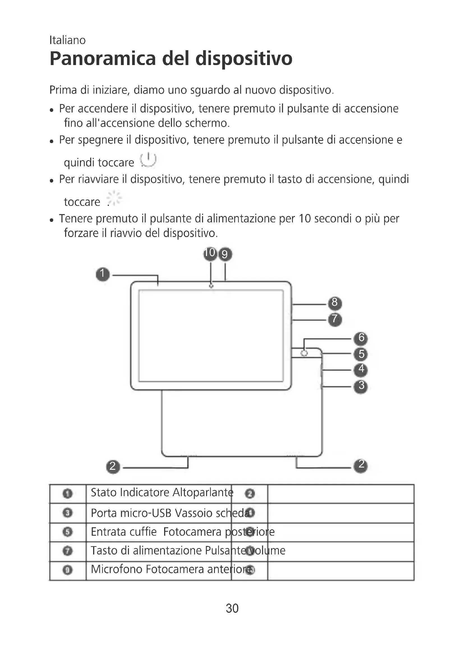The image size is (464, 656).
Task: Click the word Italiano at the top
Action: pyautogui.click(x=67, y=40)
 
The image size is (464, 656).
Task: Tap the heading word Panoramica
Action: pyautogui.click(x=103, y=59)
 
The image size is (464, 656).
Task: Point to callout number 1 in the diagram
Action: pyautogui.click(x=103, y=274)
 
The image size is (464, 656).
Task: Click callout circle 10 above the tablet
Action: pyautogui.click(x=210, y=253)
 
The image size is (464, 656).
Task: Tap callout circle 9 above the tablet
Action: pyautogui.click(x=225, y=254)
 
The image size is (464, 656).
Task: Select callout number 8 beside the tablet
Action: pyautogui.click(x=335, y=303)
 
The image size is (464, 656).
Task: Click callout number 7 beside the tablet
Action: pyautogui.click(x=335, y=319)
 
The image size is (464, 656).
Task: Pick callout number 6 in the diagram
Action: pyautogui.click(x=361, y=338)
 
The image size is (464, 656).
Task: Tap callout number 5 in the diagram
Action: pyautogui.click(x=361, y=354)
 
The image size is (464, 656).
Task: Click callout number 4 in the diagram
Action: pyautogui.click(x=361, y=369)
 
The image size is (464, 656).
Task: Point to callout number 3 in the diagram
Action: pyautogui.click(x=361, y=386)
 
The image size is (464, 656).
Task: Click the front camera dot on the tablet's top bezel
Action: pyautogui.click(x=211, y=286)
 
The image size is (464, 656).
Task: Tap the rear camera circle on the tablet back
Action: pyautogui.click(x=305, y=353)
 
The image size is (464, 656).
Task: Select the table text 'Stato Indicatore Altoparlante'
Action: pyautogui.click(x=162, y=492)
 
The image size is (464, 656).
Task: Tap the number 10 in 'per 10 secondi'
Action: pyautogui.click(x=305, y=219)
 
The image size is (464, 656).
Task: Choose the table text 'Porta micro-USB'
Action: pyautogui.click(x=131, y=513)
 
